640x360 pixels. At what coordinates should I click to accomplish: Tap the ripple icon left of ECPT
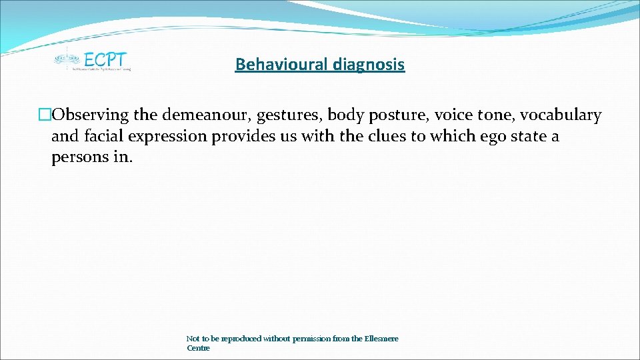66,58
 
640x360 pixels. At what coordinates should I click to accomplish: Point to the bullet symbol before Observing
45,115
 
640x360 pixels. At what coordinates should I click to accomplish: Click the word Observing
90,115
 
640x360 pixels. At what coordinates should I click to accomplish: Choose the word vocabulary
561,115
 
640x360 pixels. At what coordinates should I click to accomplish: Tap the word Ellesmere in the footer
381,339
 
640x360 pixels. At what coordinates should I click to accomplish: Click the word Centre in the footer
198,348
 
